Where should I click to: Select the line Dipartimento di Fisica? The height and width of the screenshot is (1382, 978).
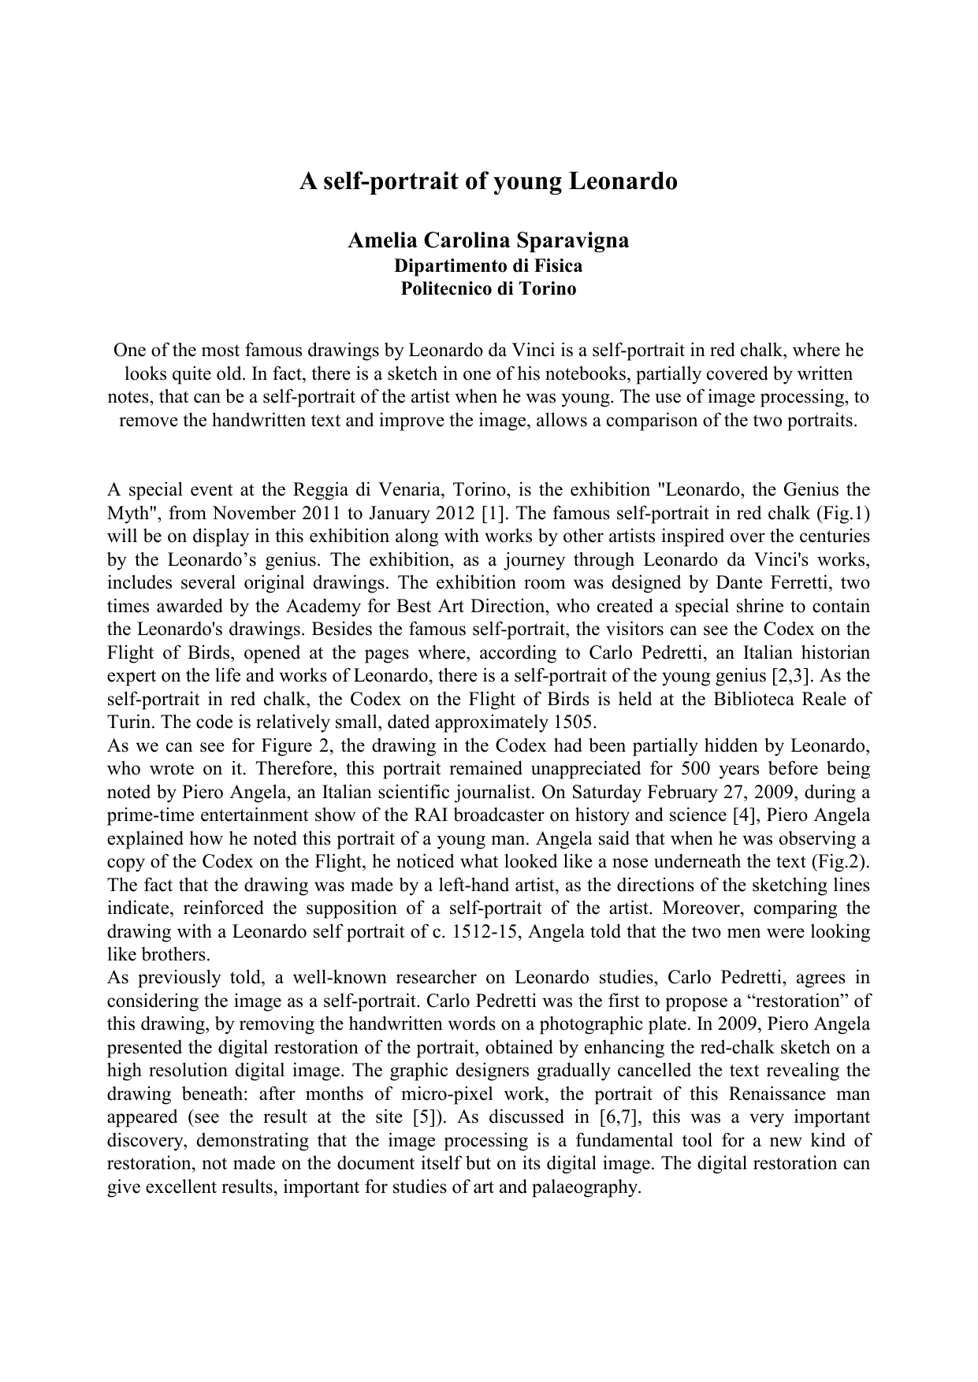489,266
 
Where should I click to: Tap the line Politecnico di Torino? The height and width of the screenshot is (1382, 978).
489,288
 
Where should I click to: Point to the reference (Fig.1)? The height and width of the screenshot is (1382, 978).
843,514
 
